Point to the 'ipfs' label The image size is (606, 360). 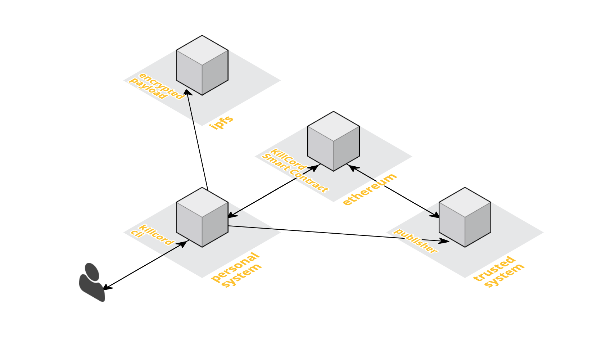222,122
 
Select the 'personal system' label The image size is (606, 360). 236,270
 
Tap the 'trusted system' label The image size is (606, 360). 499,272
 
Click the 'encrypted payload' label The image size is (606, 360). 157,86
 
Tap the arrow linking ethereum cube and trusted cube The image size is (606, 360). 394,191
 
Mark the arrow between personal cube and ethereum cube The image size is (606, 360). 273,191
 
